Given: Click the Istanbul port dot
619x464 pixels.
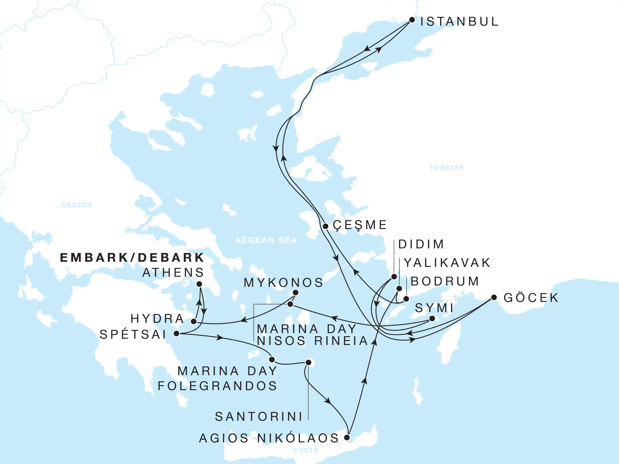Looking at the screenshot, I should pyautogui.click(x=412, y=20).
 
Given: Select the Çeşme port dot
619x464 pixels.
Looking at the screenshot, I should pyautogui.click(x=325, y=226).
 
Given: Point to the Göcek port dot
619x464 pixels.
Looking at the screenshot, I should pyautogui.click(x=494, y=297).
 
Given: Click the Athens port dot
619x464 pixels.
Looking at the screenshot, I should pyautogui.click(x=199, y=284).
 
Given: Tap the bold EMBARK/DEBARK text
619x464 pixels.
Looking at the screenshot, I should pyautogui.click(x=132, y=258).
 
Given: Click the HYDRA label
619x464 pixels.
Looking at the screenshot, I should pyautogui.click(x=158, y=319).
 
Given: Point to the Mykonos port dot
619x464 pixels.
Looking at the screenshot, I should pyautogui.click(x=296, y=293).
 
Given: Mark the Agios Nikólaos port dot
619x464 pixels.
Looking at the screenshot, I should pyautogui.click(x=347, y=437).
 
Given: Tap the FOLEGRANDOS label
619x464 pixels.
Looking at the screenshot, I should pyautogui.click(x=217, y=386).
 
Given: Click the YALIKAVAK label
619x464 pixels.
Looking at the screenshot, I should pyautogui.click(x=447, y=263).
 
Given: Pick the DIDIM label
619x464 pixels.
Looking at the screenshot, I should pyautogui.click(x=421, y=244).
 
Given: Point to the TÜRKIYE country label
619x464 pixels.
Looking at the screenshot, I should pyautogui.click(x=446, y=168).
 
